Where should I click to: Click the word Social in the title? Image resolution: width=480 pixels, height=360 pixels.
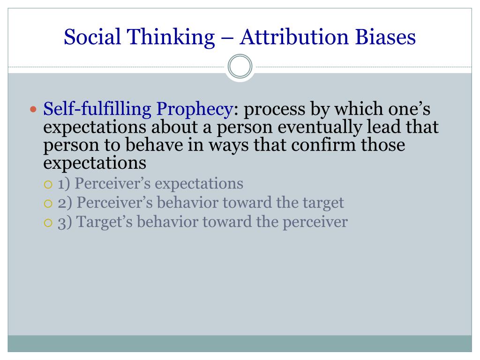[92, 37]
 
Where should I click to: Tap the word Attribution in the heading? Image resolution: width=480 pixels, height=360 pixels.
[294, 37]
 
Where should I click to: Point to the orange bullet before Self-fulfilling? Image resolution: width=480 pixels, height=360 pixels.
[33, 109]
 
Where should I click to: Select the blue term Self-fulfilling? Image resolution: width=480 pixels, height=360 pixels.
[97, 109]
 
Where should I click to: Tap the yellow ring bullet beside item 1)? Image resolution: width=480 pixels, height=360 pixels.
[48, 185]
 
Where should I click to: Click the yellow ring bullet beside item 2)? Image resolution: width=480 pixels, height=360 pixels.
[48, 203]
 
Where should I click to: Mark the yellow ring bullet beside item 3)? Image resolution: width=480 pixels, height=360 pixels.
[48, 223]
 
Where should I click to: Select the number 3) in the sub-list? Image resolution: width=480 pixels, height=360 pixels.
[65, 223]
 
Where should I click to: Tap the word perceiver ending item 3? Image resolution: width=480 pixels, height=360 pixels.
[315, 223]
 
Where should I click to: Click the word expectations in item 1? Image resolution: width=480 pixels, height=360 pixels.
[199, 184]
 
